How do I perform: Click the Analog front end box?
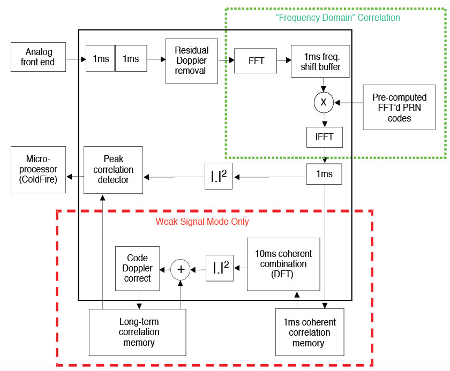39,57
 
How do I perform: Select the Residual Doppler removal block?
191,60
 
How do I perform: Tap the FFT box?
257,60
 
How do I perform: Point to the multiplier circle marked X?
324,100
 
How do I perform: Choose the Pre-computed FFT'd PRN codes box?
399,107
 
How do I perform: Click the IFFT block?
324,137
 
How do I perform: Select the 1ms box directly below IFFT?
324,174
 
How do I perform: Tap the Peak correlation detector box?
114,170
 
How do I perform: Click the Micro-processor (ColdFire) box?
38,170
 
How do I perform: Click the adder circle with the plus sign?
181,269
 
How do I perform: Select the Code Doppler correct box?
138,268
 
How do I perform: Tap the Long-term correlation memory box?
137,332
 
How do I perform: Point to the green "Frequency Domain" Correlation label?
338,18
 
